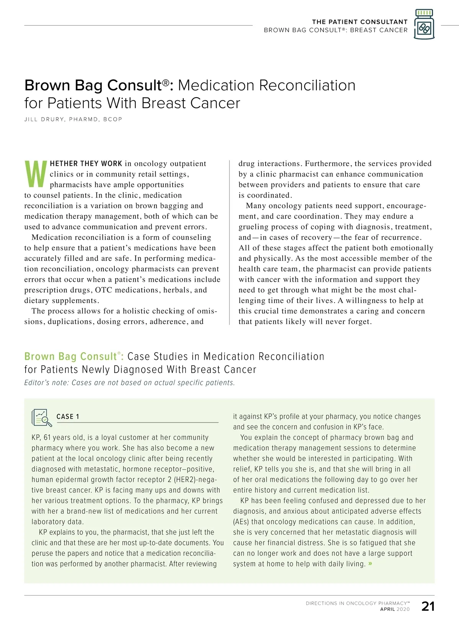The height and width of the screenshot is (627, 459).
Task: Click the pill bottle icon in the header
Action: (x=424, y=24)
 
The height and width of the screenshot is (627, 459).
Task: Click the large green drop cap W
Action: (x=36, y=175)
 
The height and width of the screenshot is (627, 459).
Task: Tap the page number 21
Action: (x=428, y=606)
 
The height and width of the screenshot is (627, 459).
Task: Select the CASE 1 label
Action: (x=68, y=417)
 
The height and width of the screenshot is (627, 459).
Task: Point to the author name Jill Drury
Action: (x=73, y=119)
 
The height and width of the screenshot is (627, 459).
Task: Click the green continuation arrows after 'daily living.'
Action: (x=370, y=563)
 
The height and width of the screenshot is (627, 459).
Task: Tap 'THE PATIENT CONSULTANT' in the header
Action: (x=360, y=22)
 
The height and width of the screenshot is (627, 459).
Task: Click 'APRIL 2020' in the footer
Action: (x=395, y=609)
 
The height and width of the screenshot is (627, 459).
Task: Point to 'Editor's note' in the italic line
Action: (x=46, y=383)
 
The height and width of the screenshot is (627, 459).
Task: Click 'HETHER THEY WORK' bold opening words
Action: (x=86, y=164)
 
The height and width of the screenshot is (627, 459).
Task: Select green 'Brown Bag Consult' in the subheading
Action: (x=70, y=357)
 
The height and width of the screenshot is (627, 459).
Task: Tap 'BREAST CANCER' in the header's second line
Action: (x=379, y=30)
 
